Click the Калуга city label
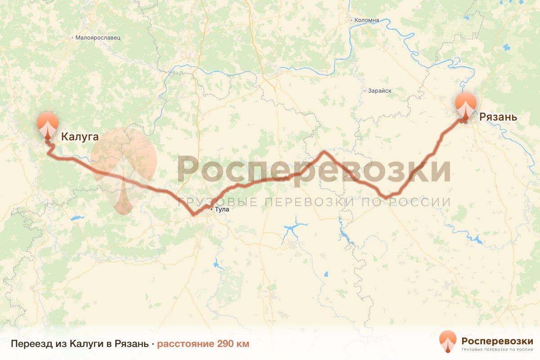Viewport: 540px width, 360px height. pyautogui.click(x=80, y=136)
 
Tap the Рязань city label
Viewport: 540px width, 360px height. pyautogui.click(x=498, y=117)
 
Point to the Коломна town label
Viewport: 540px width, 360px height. pyautogui.click(x=367, y=20)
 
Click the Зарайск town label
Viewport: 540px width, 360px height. pyautogui.click(x=379, y=91)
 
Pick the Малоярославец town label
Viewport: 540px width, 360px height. pyautogui.click(x=98, y=38)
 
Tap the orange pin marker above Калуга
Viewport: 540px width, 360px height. pyautogui.click(x=48, y=125)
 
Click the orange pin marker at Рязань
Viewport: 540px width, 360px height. pyautogui.click(x=466, y=106)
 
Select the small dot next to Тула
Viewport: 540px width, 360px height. pyautogui.click(x=212, y=209)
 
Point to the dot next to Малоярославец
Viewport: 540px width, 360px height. pyautogui.click(x=72, y=38)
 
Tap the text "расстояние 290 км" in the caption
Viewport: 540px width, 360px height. pyautogui.click(x=203, y=344)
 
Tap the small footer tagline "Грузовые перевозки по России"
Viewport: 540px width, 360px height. pyautogui.click(x=497, y=350)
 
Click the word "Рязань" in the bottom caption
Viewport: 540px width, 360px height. pyautogui.click(x=132, y=344)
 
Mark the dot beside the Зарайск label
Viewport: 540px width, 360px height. pyautogui.click(x=364, y=91)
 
